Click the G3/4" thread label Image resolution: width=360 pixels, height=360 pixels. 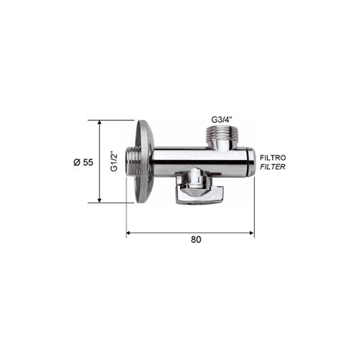[222, 120]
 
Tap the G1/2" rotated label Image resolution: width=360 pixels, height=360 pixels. [114, 161]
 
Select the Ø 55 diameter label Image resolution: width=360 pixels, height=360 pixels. [84, 163]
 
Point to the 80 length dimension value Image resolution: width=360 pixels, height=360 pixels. [196, 239]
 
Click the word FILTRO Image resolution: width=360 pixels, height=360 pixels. [273, 158]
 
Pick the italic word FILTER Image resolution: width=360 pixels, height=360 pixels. [273, 166]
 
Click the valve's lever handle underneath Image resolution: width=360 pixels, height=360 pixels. [200, 196]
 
